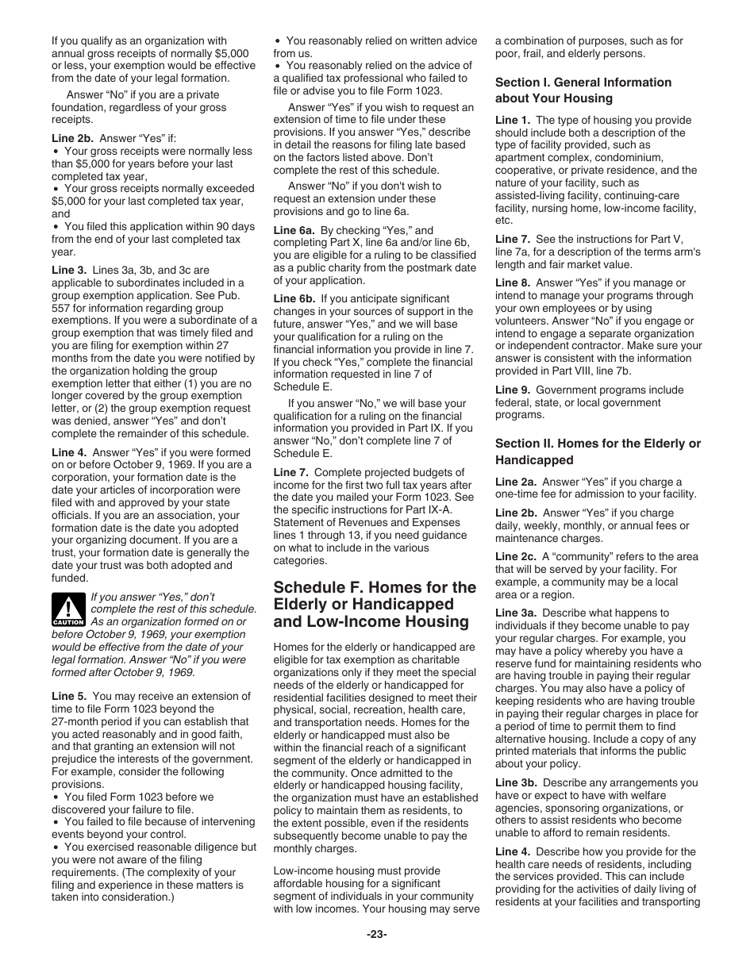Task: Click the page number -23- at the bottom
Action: (376, 935)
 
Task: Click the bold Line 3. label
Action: (69, 271)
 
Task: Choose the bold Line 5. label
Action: (69, 697)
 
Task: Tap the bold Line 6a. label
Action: (294, 230)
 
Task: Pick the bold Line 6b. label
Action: (294, 299)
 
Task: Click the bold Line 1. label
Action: (513, 121)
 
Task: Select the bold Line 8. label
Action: (513, 283)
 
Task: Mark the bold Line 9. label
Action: (513, 390)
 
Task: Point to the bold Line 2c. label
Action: (516, 557)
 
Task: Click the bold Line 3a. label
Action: (516, 613)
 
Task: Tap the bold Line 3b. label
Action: (516, 783)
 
